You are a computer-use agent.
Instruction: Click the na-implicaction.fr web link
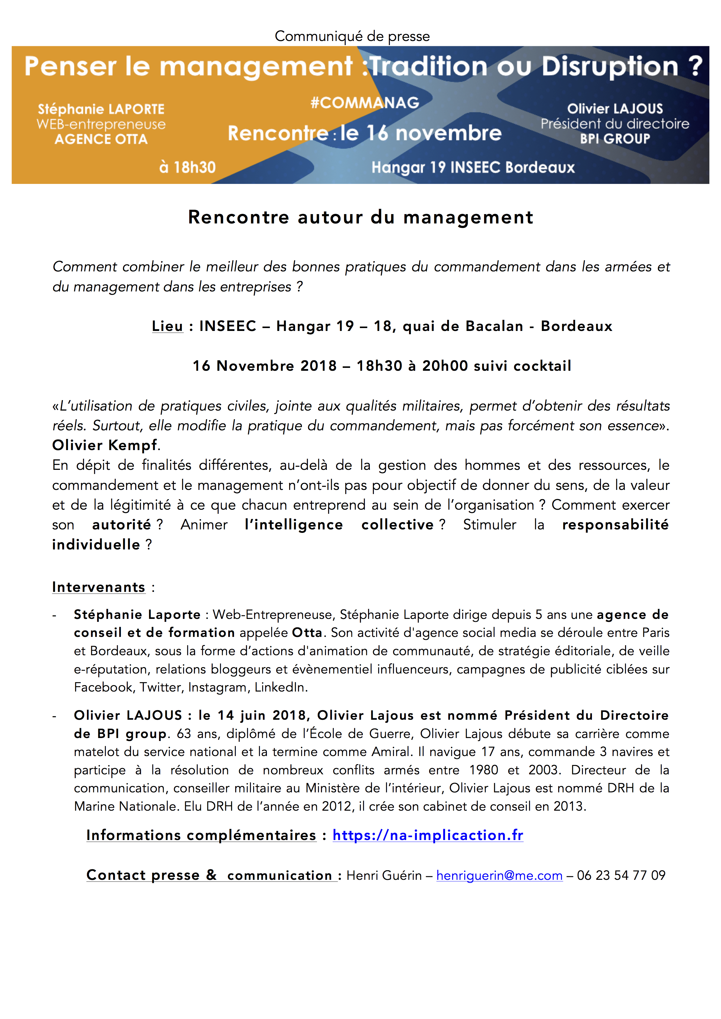pos(428,835)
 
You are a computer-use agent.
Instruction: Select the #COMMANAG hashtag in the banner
pos(365,103)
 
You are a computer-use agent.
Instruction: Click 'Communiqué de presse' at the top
pos(352,36)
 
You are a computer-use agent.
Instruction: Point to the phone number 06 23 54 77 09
pos(621,875)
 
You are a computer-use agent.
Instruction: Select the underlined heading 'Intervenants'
pos(99,587)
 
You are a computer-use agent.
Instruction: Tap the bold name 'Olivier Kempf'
pos(105,445)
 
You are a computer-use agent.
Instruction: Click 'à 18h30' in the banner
pos(187,167)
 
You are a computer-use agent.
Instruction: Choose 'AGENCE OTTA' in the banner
pos(101,139)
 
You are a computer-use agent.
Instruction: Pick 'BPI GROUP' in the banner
pos(615,139)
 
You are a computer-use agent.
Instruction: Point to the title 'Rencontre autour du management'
pos(360,217)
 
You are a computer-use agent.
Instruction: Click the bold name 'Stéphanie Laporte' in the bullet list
pos(137,615)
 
